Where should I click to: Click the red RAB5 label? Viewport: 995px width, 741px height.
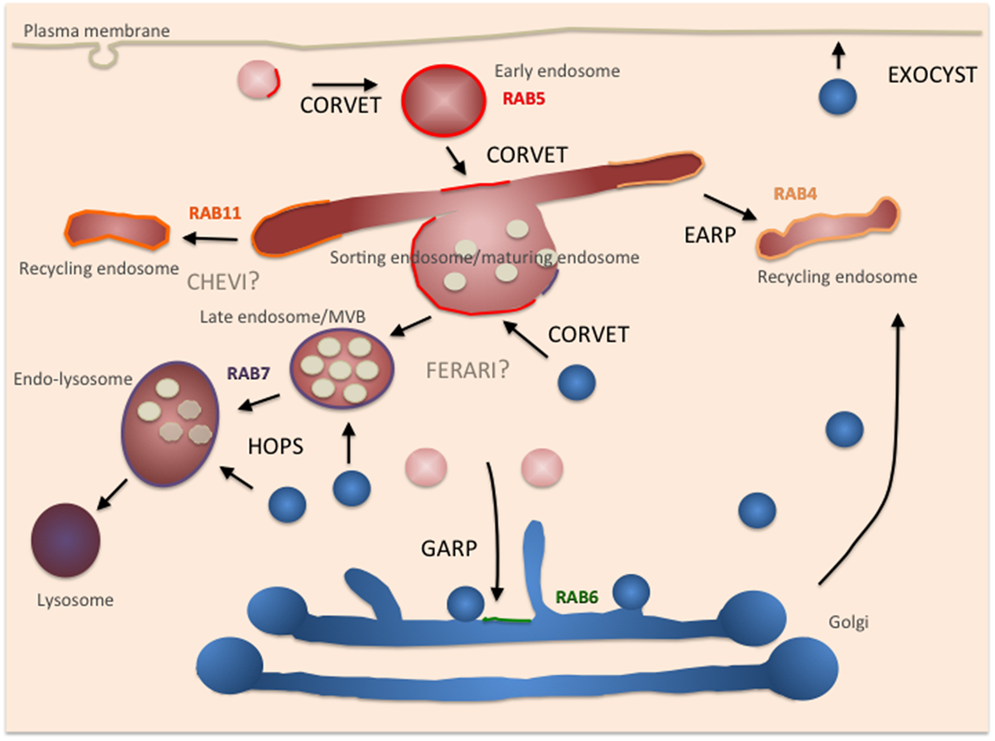[523, 99]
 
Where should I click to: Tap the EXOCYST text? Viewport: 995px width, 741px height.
[932, 75]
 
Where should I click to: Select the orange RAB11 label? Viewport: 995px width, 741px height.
[214, 213]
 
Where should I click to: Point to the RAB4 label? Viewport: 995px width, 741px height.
[795, 194]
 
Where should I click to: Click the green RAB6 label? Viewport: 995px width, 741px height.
[577, 597]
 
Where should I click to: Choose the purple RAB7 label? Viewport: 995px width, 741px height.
[248, 373]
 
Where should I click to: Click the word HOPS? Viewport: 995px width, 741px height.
[275, 447]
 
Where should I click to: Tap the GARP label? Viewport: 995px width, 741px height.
[449, 548]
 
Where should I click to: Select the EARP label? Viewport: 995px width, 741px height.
[710, 235]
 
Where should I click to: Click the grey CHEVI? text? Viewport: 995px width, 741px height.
[223, 282]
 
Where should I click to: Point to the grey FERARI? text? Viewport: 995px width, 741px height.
[467, 370]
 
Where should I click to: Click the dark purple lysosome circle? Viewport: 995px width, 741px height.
[66, 540]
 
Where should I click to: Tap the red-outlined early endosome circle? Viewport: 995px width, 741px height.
[443, 100]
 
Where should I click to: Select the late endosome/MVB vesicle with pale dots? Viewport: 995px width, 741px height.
[341, 368]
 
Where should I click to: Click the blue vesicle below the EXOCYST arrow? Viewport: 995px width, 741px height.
[837, 97]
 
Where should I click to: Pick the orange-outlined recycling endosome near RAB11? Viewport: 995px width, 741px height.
[117, 230]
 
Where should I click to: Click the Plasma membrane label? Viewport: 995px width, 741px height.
[97, 31]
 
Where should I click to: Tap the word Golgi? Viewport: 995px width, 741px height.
[848, 622]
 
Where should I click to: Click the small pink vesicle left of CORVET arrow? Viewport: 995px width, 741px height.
[258, 80]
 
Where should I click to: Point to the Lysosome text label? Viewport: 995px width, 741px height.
[75, 600]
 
